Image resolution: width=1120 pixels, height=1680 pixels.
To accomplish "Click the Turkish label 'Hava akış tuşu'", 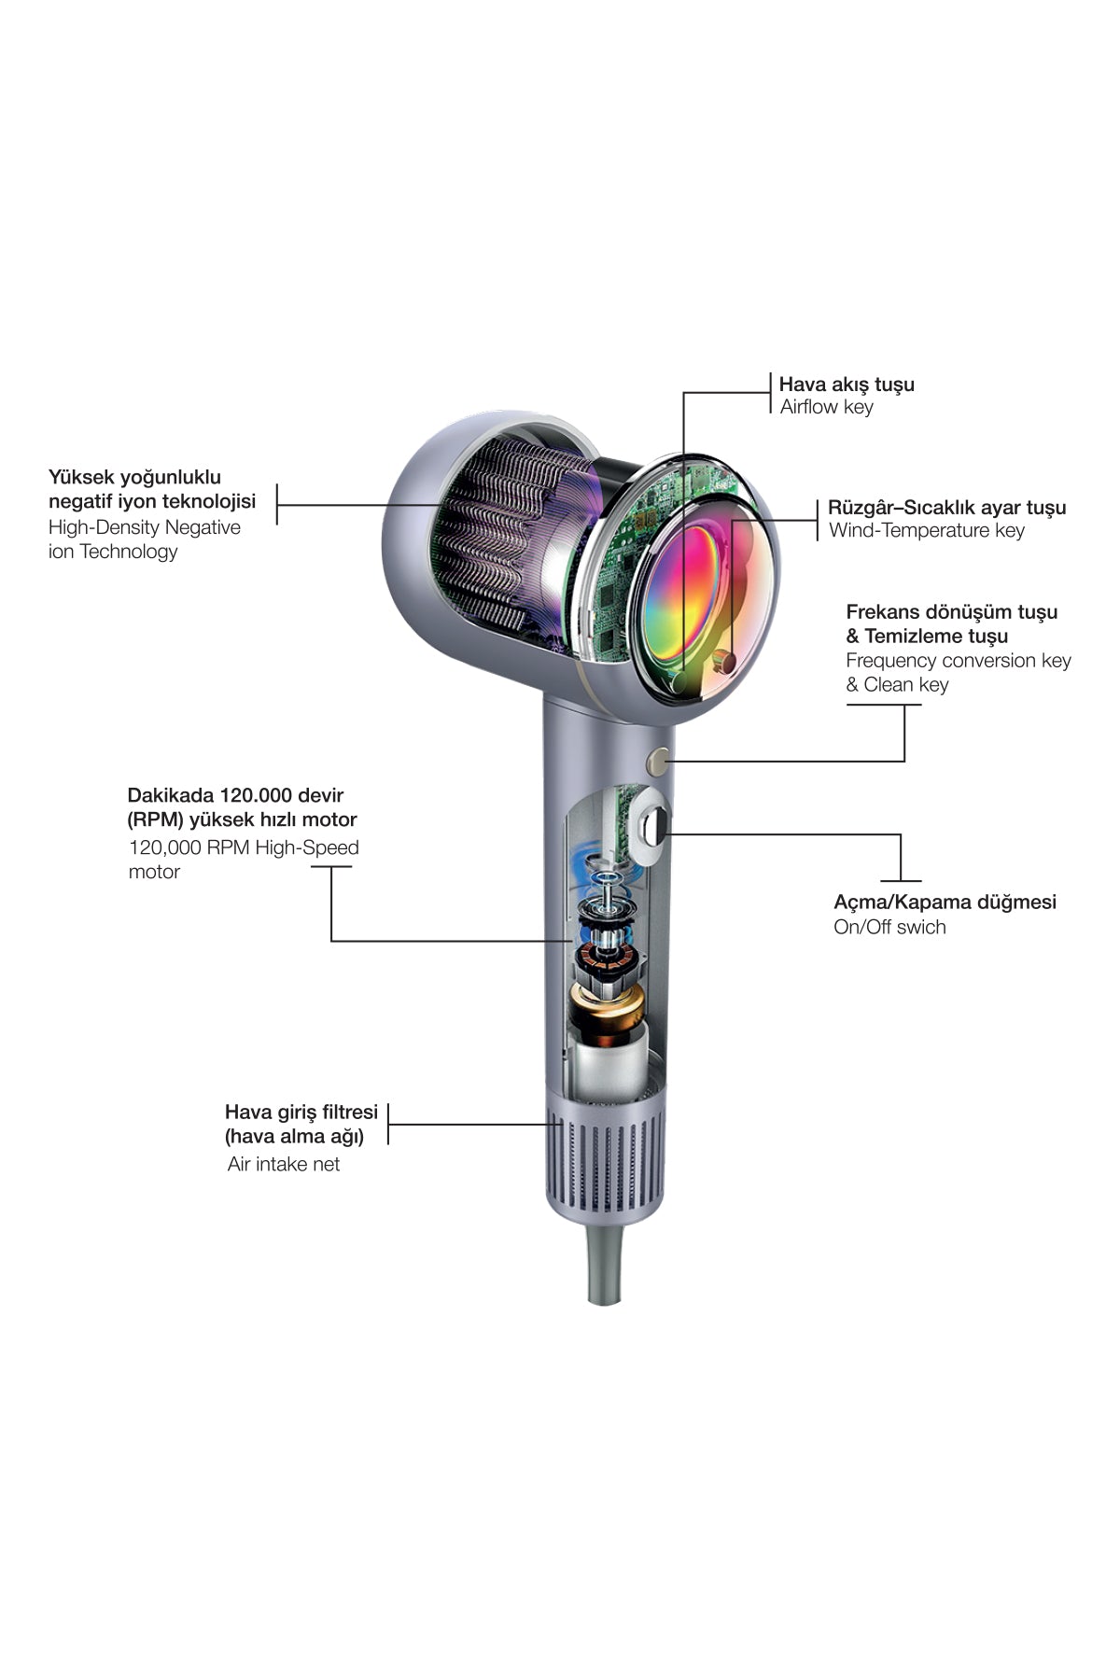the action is point(847,385).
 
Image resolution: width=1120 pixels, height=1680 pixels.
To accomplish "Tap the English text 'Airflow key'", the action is point(827,407).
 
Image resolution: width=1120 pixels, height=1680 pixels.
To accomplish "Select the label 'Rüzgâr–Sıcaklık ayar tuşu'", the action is point(946,509).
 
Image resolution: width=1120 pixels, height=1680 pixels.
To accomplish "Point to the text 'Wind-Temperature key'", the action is point(927,531).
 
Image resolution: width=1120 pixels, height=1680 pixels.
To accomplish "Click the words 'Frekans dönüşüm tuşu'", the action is point(952,612).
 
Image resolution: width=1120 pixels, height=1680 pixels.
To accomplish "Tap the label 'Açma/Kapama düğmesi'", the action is point(945,903).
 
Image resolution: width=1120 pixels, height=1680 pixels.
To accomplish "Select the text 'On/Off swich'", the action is point(889,927).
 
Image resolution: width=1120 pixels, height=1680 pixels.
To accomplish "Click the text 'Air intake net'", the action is point(284,1165).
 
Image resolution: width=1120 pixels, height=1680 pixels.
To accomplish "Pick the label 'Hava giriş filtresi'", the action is point(301,1113).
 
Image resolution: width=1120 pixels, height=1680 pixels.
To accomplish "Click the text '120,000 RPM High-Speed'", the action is point(244,848).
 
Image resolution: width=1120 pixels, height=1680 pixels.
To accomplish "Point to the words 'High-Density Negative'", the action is point(145,527).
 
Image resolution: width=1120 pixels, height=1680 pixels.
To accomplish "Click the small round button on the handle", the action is point(660,761).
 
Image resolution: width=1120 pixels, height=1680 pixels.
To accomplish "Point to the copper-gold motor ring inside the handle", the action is point(605,1013).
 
